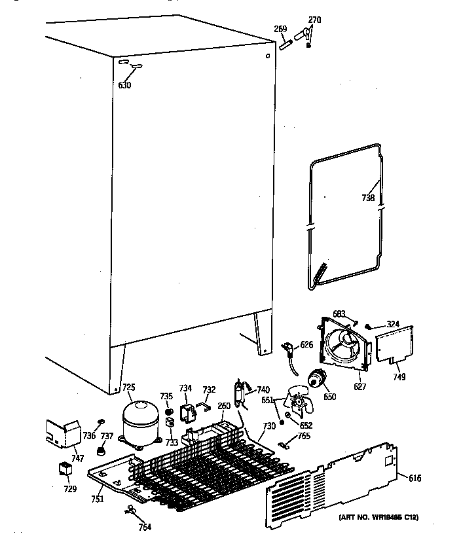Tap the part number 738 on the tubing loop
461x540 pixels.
click(x=368, y=197)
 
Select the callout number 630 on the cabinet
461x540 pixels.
click(x=124, y=85)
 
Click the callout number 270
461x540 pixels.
click(x=314, y=20)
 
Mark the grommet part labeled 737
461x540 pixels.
click(x=101, y=452)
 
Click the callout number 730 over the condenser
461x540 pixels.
click(x=269, y=426)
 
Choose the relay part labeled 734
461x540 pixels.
click(x=188, y=413)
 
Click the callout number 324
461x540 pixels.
click(x=392, y=323)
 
